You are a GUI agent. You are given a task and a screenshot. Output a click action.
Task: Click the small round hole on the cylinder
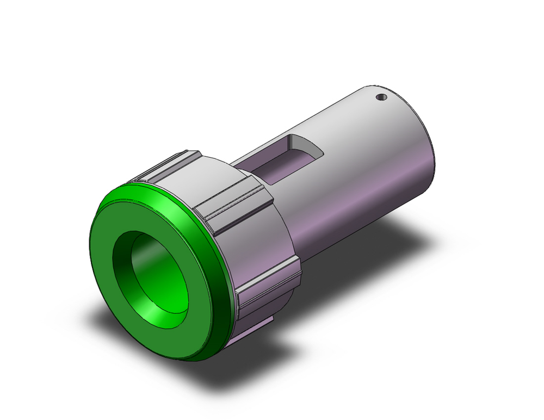coord(382,98)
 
